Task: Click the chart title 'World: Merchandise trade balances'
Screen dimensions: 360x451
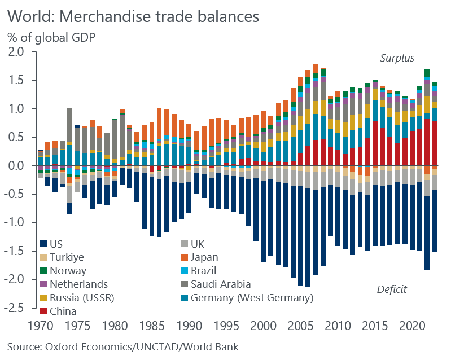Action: (x=133, y=15)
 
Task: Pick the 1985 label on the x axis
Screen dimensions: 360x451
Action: (x=151, y=326)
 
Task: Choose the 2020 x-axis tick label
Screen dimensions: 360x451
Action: (x=411, y=326)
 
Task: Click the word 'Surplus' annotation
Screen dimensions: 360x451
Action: (x=397, y=58)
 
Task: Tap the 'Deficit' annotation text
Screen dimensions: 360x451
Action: (x=392, y=289)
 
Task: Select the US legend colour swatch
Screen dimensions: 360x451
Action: (x=43, y=244)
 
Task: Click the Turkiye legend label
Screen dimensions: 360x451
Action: (x=67, y=257)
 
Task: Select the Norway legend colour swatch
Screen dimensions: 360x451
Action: (x=43, y=271)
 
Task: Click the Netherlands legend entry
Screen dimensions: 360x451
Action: (x=78, y=284)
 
